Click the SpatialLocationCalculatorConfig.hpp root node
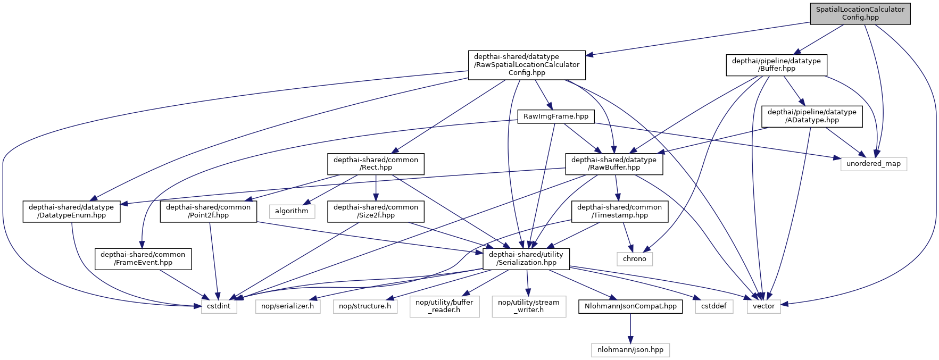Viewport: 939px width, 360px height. (x=860, y=13)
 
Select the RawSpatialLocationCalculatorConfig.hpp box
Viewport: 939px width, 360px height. (x=527, y=65)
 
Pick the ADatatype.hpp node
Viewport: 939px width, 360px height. (x=812, y=116)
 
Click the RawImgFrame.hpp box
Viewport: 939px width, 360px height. (x=555, y=116)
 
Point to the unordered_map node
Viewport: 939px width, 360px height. (x=873, y=164)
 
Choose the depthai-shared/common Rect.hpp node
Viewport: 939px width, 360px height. (x=376, y=164)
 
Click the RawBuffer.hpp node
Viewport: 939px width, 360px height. (x=613, y=164)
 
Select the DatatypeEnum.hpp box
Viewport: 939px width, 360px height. (x=71, y=211)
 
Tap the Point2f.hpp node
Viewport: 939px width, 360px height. (x=208, y=211)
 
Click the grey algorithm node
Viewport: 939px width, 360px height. (x=292, y=211)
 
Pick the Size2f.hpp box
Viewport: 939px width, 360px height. (x=376, y=211)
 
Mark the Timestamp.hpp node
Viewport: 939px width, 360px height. (x=619, y=211)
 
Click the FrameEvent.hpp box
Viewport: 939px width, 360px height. (x=143, y=258)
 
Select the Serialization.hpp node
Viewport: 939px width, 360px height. (x=526, y=258)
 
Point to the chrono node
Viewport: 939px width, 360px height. (x=634, y=259)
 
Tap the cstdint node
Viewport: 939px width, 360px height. (x=219, y=306)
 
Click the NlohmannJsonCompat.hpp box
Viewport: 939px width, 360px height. (x=630, y=306)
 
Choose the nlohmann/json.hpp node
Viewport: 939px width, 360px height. (x=630, y=350)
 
